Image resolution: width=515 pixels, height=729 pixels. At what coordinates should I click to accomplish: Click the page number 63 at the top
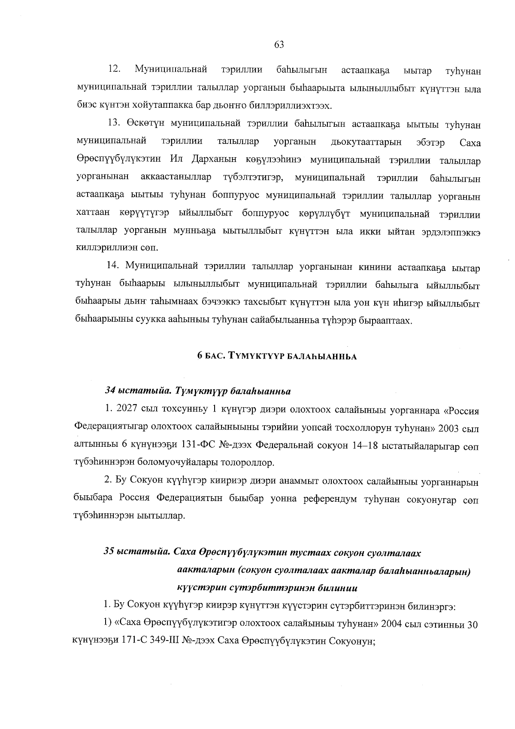tap(279, 45)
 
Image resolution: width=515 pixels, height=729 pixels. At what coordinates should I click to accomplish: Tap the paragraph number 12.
tap(114, 69)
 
